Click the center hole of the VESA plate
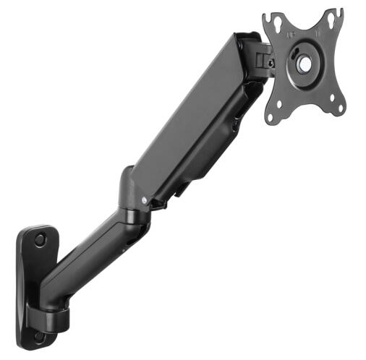tap(305, 64)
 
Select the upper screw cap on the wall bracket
tap(40, 239)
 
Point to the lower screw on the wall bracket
tap(40, 336)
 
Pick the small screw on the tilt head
tap(270, 63)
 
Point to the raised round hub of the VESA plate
tap(304, 63)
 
